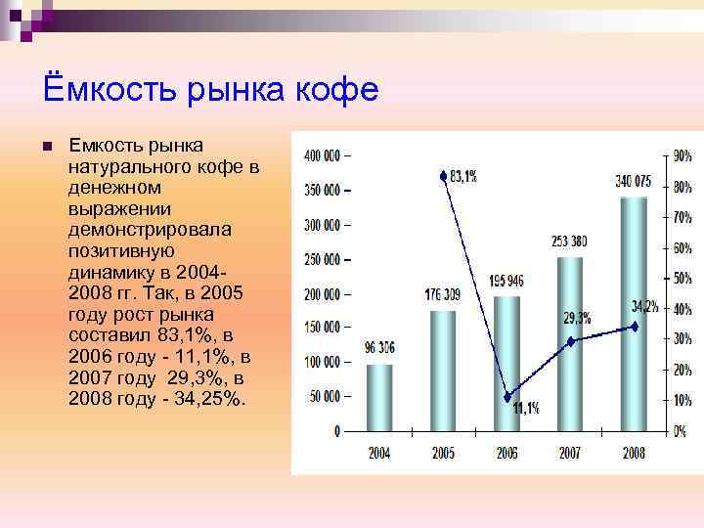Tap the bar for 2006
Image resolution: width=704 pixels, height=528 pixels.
pyautogui.click(x=506, y=363)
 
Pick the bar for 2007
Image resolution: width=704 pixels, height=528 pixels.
pyautogui.click(x=570, y=343)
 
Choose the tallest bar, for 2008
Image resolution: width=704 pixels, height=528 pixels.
pyautogui.click(x=634, y=313)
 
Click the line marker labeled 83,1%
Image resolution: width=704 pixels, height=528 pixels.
pyautogui.click(x=443, y=176)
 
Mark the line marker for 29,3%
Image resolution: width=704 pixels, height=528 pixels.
pyautogui.click(x=571, y=340)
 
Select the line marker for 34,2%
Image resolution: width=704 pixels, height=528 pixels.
pyautogui.click(x=635, y=326)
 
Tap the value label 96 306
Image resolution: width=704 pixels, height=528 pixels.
pyautogui.click(x=379, y=347)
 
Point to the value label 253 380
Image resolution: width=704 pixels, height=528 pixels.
pyautogui.click(x=570, y=241)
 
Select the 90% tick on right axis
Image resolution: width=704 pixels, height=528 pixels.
pyautogui.click(x=682, y=155)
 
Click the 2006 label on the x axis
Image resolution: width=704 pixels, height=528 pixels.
pyautogui.click(x=506, y=454)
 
